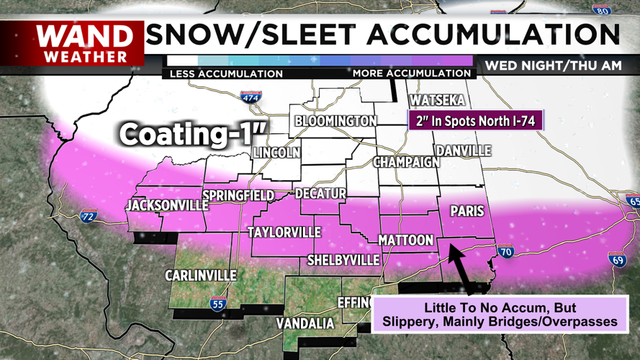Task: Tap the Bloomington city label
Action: pos(335,121)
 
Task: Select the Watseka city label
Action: pos(437,101)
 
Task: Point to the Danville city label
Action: pos(463,150)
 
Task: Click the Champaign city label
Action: pos(406,162)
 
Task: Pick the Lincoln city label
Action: pos(276,153)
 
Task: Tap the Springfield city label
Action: pos(238,196)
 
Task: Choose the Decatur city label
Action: pos(321,194)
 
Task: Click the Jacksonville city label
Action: pos(166,206)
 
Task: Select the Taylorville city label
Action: pos(284,233)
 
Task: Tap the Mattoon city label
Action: pos(406,240)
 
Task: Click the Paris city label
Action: pos(467,212)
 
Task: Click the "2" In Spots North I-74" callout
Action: pos(476,120)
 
